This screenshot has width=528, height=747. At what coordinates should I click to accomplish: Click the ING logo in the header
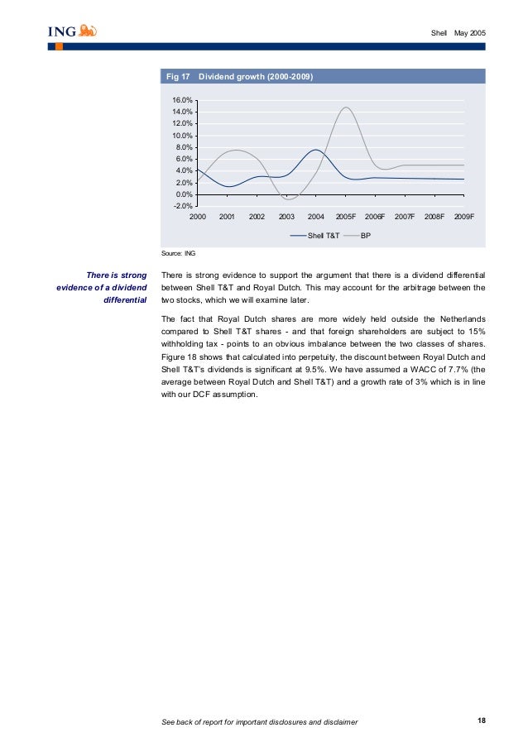[72, 32]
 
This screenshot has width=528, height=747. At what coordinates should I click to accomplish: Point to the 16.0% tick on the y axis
[183, 100]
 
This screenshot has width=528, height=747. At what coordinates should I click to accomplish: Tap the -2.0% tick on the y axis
[183, 206]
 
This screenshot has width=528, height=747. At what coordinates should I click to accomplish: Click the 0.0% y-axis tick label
[184, 194]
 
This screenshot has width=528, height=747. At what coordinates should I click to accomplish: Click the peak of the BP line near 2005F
[345, 107]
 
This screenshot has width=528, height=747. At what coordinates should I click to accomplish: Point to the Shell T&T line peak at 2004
[316, 150]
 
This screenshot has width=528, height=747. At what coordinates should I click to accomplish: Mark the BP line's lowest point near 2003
[287, 199]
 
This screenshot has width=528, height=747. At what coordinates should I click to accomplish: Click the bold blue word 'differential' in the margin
[125, 300]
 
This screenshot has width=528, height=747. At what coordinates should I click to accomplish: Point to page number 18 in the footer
[482, 721]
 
